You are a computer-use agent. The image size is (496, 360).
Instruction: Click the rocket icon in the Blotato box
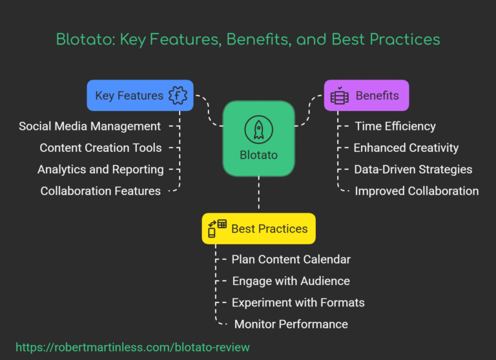(258, 129)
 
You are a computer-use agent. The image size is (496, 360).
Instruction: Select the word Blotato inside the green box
(258, 156)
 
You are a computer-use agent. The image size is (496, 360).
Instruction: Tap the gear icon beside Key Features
(178, 96)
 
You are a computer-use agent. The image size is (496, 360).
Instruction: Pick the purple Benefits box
(366, 96)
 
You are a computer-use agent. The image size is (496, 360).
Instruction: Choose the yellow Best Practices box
(258, 229)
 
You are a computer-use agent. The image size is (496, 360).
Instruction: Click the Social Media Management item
(90, 126)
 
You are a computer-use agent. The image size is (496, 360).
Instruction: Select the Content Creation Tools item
(101, 148)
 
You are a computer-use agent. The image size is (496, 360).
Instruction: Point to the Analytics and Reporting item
(101, 169)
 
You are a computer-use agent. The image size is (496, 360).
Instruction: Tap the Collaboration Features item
(101, 191)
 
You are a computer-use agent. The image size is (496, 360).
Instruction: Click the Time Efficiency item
(395, 126)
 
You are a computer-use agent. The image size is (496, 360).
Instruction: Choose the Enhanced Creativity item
(406, 148)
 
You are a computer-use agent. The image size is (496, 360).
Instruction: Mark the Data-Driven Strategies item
(413, 169)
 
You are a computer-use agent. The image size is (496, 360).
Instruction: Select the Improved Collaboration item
(417, 191)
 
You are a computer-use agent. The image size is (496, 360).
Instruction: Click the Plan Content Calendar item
(291, 259)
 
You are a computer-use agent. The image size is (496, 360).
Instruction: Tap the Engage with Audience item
(291, 281)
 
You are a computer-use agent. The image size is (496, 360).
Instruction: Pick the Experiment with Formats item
(298, 302)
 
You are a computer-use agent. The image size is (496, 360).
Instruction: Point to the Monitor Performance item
(291, 324)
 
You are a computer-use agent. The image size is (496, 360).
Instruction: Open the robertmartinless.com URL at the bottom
(132, 347)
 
